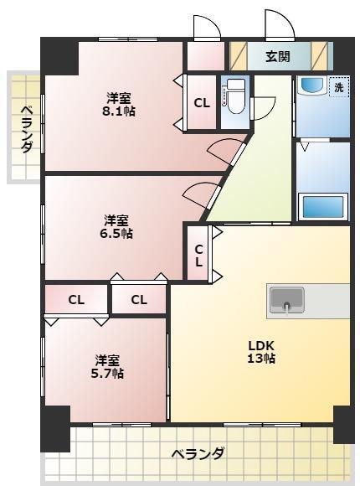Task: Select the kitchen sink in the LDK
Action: [286, 300]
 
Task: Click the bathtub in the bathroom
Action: [321, 205]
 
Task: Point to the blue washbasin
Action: [311, 86]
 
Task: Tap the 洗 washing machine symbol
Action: [338, 87]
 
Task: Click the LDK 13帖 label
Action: [260, 352]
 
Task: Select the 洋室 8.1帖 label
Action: [118, 103]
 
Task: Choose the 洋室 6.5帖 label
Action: [116, 227]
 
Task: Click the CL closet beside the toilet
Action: [202, 103]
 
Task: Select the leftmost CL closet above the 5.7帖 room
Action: [76, 299]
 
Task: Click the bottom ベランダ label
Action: [198, 454]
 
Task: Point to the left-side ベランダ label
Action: [26, 128]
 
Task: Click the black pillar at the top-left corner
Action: [59, 56]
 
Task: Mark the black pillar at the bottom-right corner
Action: [344, 423]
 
